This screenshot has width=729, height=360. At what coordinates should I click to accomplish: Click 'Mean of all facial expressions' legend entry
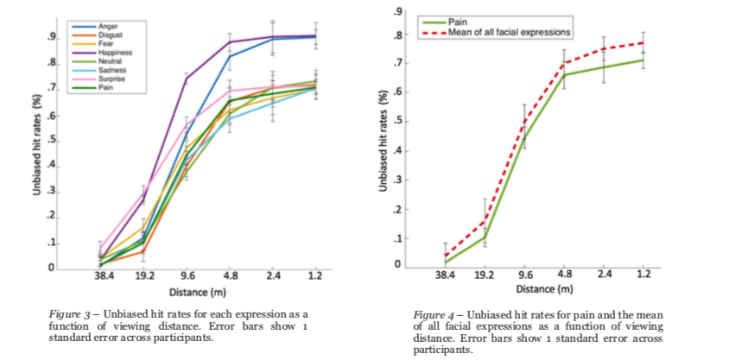510,32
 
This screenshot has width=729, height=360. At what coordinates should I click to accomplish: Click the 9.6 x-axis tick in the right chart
523,275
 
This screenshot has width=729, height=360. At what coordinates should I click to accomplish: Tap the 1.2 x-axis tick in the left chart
314,277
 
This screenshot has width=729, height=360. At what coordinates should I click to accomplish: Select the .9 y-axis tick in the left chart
53,37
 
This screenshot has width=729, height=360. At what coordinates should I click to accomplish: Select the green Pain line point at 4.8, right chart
565,75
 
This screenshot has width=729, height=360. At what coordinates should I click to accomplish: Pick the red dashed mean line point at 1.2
642,42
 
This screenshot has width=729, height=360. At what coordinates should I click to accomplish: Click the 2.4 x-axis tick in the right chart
603,275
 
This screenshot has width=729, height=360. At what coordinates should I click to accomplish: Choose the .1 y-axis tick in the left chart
53,243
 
